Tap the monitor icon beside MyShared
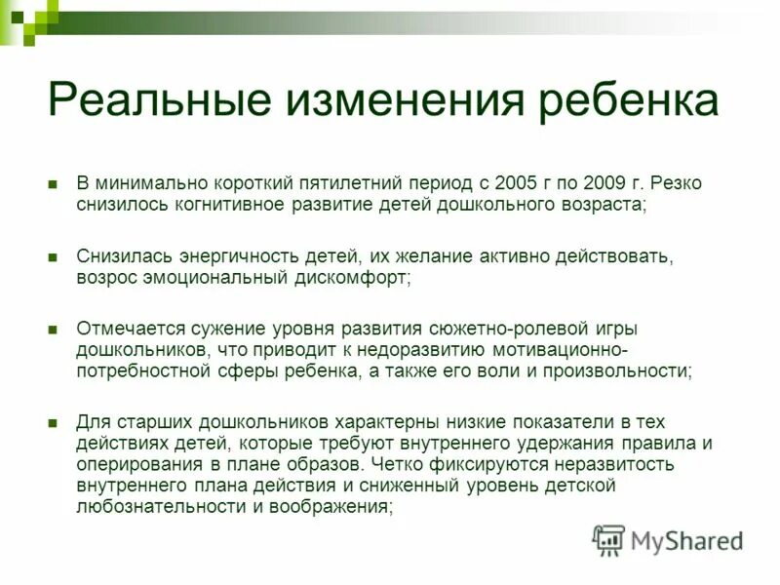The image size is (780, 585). point(608,539)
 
